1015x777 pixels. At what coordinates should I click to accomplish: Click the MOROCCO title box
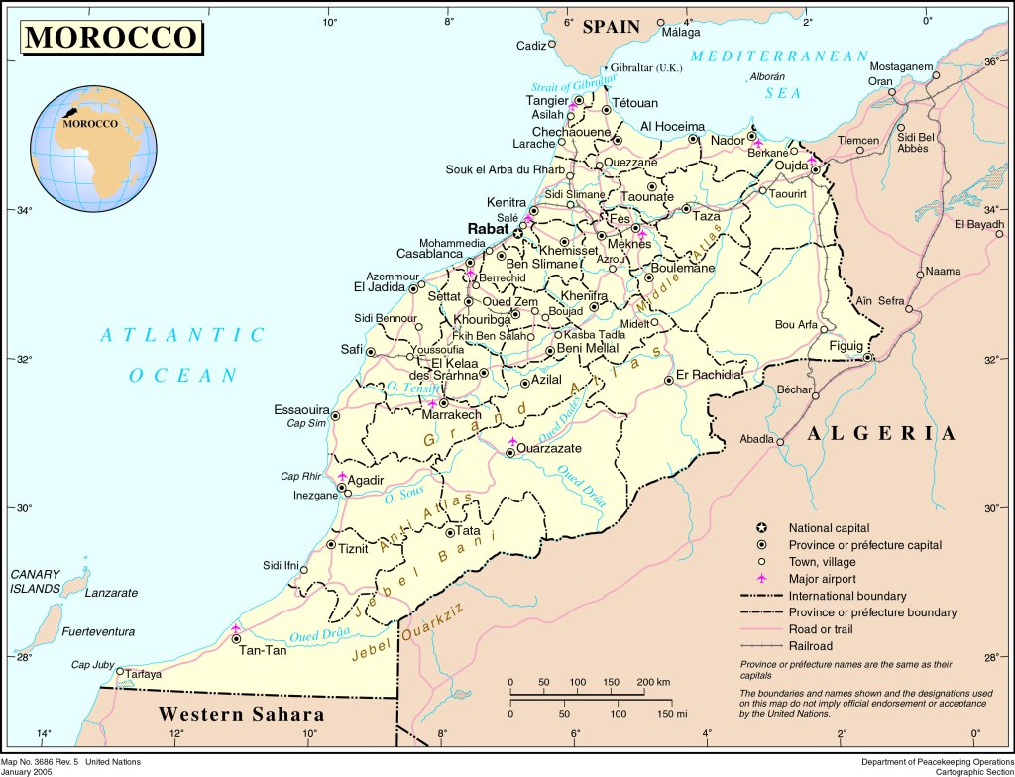112,37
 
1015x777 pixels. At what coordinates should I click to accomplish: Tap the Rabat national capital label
488,228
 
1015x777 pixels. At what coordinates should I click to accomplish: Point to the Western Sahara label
241,714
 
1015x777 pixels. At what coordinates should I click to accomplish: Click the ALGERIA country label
881,433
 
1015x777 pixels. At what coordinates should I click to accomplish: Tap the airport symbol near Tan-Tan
236,627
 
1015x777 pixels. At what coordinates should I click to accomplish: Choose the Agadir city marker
342,488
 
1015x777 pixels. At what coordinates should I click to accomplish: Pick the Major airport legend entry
822,579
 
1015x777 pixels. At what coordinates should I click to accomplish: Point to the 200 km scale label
654,683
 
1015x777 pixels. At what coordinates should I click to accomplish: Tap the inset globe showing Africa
93,149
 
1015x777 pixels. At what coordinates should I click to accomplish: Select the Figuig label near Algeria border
846,346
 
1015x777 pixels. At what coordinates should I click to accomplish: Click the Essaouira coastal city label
301,409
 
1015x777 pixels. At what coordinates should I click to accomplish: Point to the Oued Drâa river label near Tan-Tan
316,635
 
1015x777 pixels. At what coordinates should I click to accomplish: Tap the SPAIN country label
612,27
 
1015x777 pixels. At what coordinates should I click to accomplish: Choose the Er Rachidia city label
710,375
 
